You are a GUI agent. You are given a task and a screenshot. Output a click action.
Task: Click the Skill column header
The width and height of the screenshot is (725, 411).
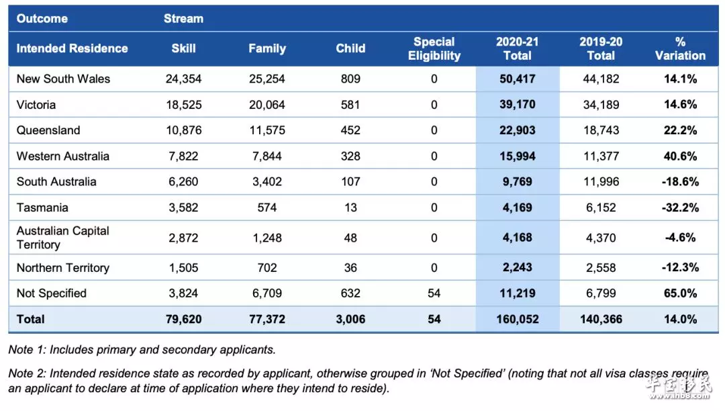(x=183, y=48)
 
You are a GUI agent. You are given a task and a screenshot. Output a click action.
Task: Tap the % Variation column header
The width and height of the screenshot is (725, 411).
(x=680, y=48)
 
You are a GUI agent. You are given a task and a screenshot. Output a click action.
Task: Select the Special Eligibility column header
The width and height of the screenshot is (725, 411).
(x=434, y=48)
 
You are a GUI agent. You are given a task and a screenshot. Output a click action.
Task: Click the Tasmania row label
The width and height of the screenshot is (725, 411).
(x=42, y=208)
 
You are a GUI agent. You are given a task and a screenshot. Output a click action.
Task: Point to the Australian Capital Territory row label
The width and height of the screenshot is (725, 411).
(x=63, y=238)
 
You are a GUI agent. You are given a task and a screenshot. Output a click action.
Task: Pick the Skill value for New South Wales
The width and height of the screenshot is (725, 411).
(x=183, y=79)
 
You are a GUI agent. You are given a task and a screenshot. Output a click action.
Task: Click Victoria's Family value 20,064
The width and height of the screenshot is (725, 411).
(x=267, y=105)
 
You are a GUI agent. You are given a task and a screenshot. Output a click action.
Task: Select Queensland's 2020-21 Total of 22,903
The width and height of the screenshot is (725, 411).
(x=518, y=130)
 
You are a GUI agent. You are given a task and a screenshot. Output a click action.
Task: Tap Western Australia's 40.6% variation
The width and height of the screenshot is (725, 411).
(x=680, y=156)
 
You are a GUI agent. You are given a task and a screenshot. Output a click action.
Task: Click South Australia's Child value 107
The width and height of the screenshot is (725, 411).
(x=350, y=182)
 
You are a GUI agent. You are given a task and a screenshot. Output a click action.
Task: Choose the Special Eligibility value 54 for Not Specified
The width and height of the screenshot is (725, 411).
(x=434, y=293)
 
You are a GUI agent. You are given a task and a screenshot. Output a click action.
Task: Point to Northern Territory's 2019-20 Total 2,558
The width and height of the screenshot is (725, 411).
(x=601, y=268)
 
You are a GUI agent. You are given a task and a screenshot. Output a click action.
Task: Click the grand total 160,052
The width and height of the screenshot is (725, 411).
(x=518, y=320)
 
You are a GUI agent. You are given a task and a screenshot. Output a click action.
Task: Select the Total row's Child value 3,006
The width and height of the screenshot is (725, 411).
(x=350, y=320)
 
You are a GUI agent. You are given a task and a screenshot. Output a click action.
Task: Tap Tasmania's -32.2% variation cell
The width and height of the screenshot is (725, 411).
(x=680, y=208)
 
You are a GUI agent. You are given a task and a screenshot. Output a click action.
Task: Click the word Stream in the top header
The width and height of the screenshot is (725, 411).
(x=183, y=19)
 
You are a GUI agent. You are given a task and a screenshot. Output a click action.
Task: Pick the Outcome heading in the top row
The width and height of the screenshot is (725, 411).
(x=42, y=19)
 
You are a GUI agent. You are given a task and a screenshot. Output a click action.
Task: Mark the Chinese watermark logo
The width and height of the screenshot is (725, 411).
(x=678, y=387)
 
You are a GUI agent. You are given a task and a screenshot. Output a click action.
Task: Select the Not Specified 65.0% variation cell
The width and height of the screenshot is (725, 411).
(x=680, y=293)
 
